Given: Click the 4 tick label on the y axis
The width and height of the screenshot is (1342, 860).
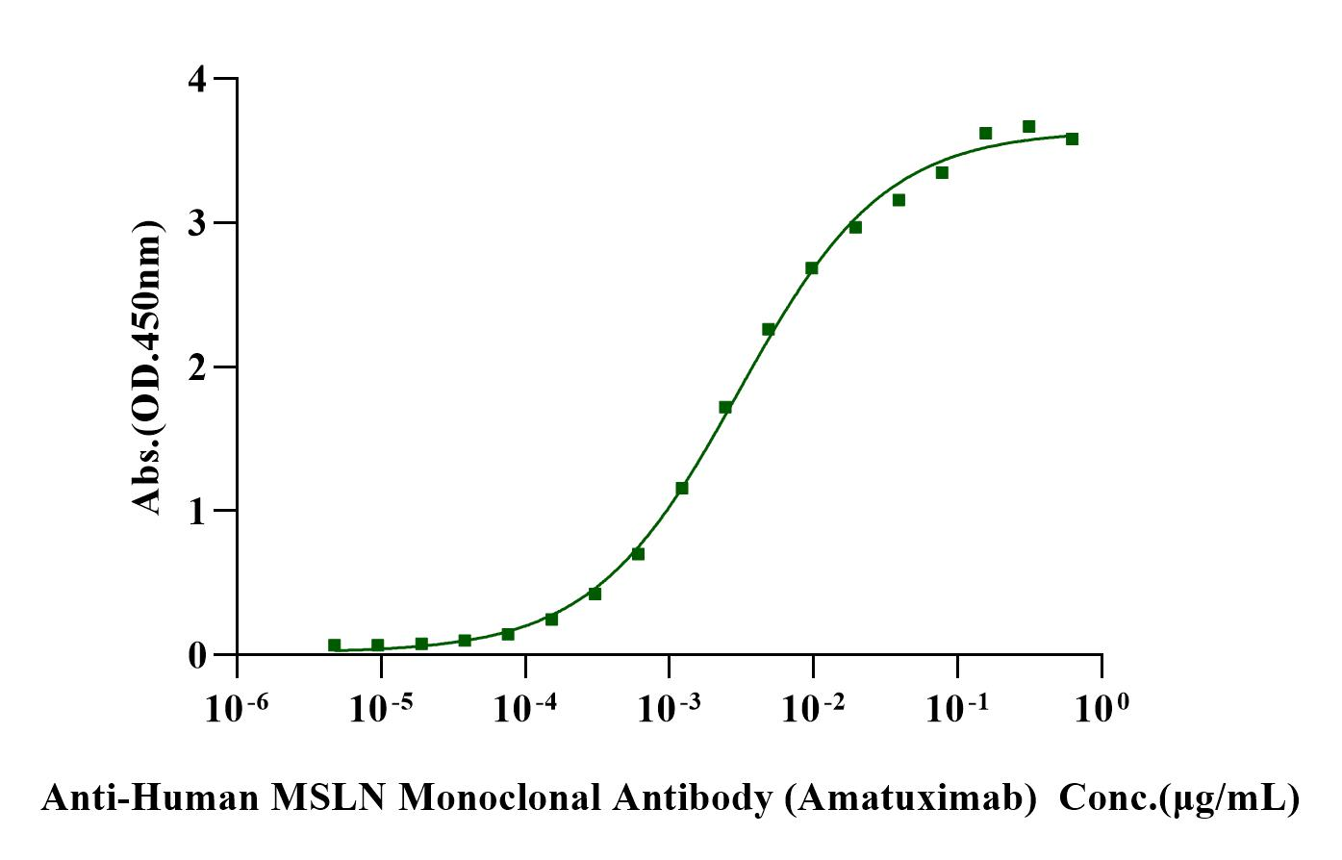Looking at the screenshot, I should (197, 79).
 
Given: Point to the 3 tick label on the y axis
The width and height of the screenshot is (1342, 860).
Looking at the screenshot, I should (197, 223).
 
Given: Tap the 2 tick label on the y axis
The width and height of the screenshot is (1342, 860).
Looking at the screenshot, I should (197, 367).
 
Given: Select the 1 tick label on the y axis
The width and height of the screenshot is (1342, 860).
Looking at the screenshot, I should (197, 511).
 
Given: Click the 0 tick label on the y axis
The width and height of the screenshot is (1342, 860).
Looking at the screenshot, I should (197, 655).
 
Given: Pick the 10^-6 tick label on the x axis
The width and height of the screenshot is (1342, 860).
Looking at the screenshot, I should (237, 708).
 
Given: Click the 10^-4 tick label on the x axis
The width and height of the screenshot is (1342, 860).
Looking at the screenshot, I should (525, 708).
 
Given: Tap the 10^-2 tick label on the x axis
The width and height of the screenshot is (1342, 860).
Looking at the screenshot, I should (814, 708).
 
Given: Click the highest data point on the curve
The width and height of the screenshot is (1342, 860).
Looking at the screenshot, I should (1028, 126).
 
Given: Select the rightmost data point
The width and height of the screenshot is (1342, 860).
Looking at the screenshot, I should (1072, 139).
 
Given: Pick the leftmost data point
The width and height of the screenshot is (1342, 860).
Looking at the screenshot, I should (334, 645).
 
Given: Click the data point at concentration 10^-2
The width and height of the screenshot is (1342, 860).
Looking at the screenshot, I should (812, 267).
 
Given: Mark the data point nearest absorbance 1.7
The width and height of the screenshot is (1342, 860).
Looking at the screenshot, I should (725, 407).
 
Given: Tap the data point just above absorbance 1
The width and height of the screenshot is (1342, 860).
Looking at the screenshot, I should (682, 488).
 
